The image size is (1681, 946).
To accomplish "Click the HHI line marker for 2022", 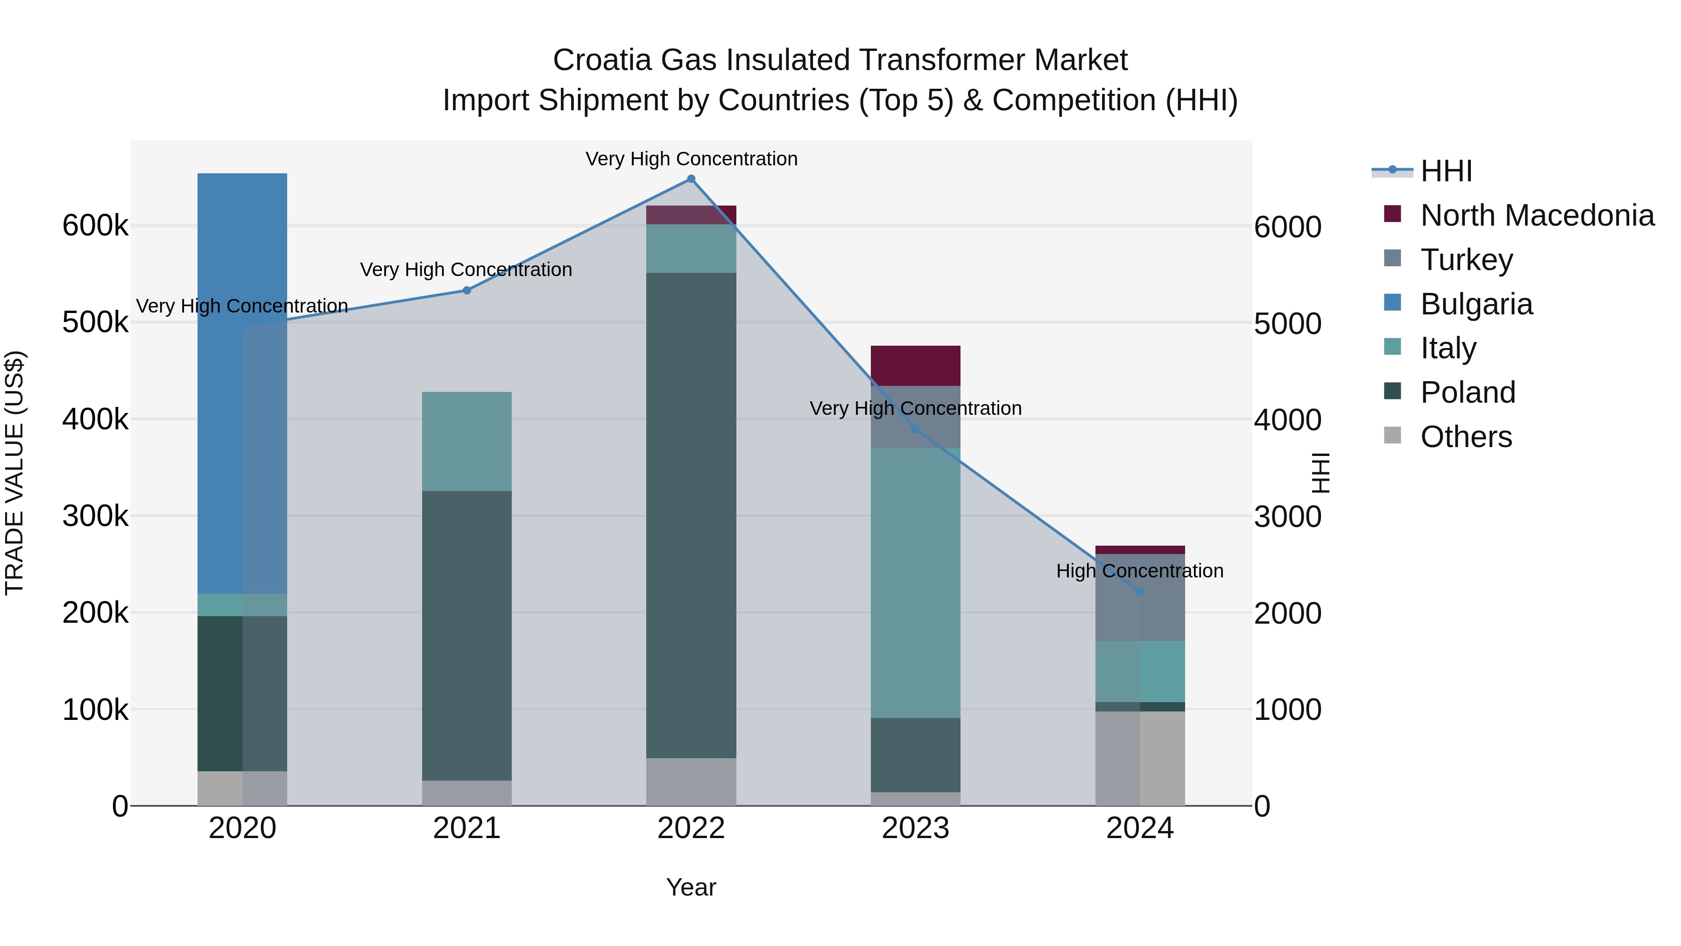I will (x=691, y=179).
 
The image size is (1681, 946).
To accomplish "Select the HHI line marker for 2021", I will (x=466, y=291).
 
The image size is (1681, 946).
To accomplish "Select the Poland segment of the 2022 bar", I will (x=691, y=515).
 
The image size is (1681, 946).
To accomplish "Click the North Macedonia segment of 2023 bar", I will (x=916, y=366).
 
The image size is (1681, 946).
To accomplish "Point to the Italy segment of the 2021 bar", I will (x=466, y=441).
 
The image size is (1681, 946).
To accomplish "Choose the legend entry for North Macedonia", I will (x=1537, y=215).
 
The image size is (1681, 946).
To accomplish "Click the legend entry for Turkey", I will (x=1466, y=260).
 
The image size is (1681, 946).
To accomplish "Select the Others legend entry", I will (x=1466, y=437).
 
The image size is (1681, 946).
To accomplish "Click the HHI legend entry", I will (x=1446, y=171).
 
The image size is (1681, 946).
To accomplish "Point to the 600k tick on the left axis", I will (x=95, y=227).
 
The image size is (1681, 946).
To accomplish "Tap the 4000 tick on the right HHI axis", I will (x=1287, y=420).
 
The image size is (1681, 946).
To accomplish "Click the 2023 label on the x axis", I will (x=916, y=828).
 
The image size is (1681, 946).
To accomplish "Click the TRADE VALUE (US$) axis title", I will (x=15, y=473).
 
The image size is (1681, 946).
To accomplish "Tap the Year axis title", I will (x=691, y=887).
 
